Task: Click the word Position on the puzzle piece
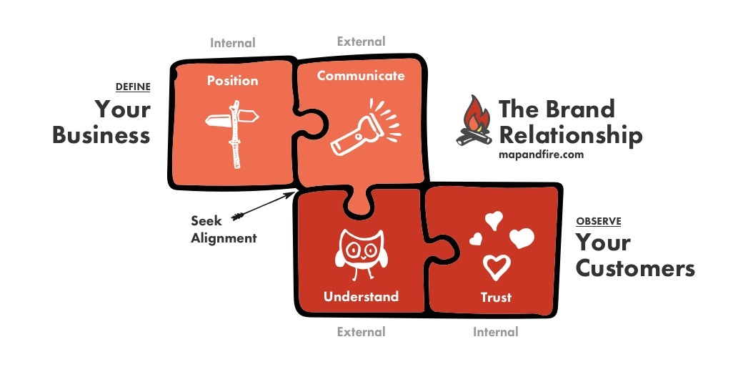pos(232,81)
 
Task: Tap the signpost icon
pos(233,133)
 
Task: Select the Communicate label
pos(360,76)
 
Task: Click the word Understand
pos(361,296)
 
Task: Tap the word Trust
pos(496,297)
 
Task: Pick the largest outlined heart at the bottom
pos(497,267)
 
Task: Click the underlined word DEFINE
pos(133,87)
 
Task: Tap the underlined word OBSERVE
pos(598,221)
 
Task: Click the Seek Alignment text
pos(223,230)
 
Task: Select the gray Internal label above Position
pos(232,43)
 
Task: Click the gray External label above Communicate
pos(361,41)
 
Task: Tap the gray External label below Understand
pos(361,332)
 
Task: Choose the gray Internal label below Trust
pos(495,332)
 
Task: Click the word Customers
pos(634,268)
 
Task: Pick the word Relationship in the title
pos(570,134)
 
